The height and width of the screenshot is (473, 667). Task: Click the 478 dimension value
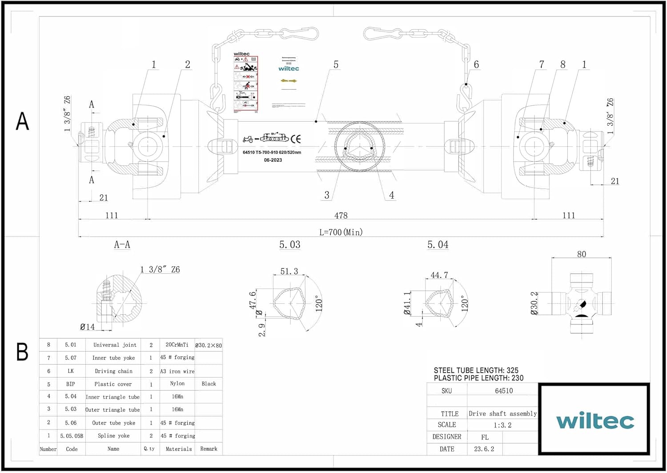pyautogui.click(x=341, y=216)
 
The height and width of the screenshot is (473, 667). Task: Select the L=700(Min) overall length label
pyautogui.click(x=341, y=232)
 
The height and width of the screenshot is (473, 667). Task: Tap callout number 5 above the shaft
pyautogui.click(x=336, y=65)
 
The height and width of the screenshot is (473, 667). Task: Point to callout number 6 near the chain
pyautogui.click(x=476, y=65)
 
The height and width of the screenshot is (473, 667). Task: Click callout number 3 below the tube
pyautogui.click(x=327, y=195)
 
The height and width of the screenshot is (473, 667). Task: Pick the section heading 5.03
pyautogui.click(x=289, y=245)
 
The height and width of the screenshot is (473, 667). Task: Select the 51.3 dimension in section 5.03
pyautogui.click(x=289, y=271)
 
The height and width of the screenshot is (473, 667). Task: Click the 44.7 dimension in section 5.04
pyautogui.click(x=439, y=275)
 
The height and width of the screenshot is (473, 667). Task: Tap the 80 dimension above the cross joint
pyautogui.click(x=581, y=254)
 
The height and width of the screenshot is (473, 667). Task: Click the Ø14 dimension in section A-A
pyautogui.click(x=87, y=327)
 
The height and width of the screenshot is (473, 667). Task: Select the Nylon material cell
pyautogui.click(x=177, y=384)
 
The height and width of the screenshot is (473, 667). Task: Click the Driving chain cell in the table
pyautogui.click(x=113, y=371)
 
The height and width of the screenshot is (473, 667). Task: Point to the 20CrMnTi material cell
pyautogui.click(x=177, y=345)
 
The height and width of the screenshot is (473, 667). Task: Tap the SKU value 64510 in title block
pyautogui.click(x=504, y=391)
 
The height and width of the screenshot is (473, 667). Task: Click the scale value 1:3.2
pyautogui.click(x=502, y=425)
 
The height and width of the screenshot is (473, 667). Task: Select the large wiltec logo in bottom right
pyautogui.click(x=595, y=421)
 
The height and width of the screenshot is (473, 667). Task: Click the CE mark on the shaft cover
pyautogui.click(x=296, y=139)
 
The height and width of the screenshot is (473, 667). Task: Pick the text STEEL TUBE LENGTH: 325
pyautogui.click(x=476, y=370)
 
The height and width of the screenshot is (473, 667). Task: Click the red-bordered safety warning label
pyautogui.click(x=245, y=84)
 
